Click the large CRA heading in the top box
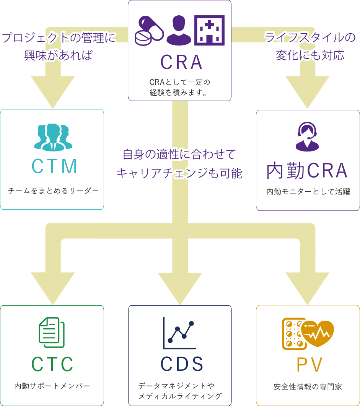[x=181, y=62]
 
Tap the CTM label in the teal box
[x=55, y=166]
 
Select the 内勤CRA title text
[x=307, y=171]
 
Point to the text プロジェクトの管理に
[x=59, y=39]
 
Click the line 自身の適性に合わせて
[x=180, y=155]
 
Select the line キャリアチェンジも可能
[x=180, y=173]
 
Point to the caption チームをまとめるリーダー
[x=53, y=190]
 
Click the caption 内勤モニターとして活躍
[x=308, y=191]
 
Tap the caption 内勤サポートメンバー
[x=52, y=386]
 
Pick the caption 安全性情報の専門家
[x=308, y=386]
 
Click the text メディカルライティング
[x=180, y=396]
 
